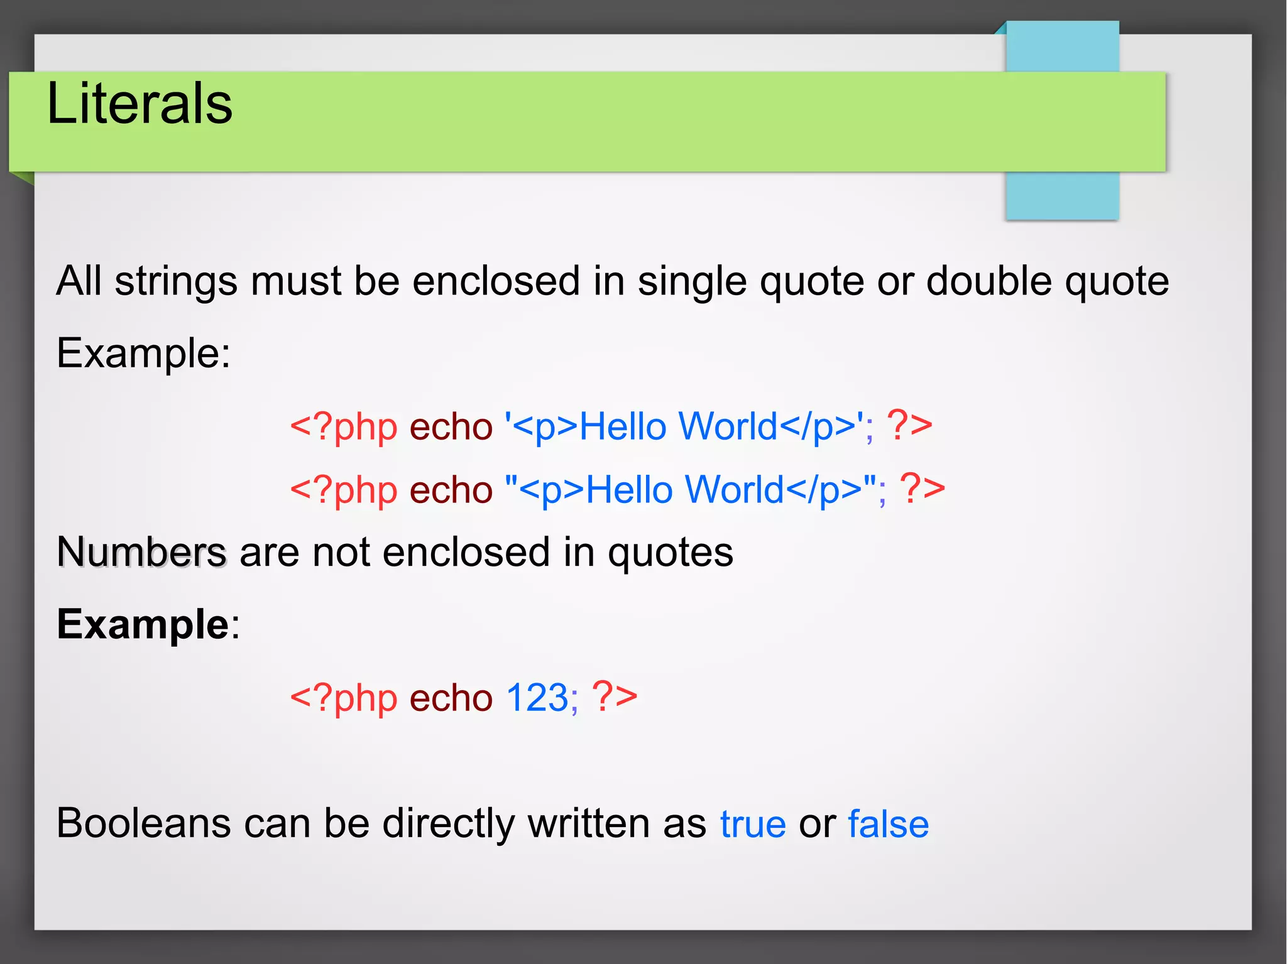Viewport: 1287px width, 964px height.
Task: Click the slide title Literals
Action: (x=140, y=104)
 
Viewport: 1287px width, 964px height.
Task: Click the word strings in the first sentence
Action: (x=176, y=281)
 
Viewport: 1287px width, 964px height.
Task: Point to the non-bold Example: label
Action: (x=143, y=353)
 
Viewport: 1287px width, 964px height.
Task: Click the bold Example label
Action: (x=143, y=625)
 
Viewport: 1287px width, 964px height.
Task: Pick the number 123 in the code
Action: (x=537, y=698)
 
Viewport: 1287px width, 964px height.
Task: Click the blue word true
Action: (x=753, y=824)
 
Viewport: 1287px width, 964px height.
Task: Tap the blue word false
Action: (x=888, y=824)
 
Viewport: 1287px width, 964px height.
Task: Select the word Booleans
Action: (x=143, y=824)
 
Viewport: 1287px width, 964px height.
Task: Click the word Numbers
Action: (x=141, y=553)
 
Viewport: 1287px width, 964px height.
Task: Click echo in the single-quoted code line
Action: (x=451, y=427)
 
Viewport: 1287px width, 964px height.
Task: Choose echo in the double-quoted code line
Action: (x=451, y=490)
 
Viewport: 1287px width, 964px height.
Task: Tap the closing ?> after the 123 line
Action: (x=614, y=698)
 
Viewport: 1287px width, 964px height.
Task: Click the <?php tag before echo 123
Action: (x=343, y=698)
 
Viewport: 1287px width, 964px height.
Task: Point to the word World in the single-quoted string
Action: (x=728, y=427)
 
